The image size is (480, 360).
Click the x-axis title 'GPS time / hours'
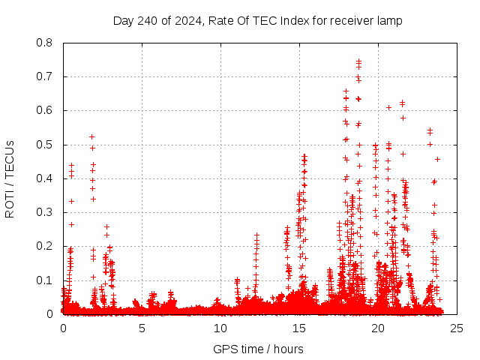(258, 349)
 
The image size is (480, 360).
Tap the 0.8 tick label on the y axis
(45, 43)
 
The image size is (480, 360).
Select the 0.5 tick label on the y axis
(45, 145)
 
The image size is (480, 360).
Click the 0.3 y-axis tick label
(45, 212)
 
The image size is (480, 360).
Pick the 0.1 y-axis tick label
(45, 280)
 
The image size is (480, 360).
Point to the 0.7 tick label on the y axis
(45, 76)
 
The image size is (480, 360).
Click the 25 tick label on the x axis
(456, 328)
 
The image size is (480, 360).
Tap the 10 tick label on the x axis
(220, 328)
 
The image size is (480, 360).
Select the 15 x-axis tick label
(299, 328)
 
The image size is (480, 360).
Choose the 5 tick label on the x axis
(142, 328)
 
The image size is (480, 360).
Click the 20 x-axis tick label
(378, 328)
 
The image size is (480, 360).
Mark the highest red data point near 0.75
(358, 61)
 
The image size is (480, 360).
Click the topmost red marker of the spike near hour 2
(91, 136)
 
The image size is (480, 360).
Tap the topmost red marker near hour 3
(106, 226)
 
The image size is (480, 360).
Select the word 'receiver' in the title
(354, 20)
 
